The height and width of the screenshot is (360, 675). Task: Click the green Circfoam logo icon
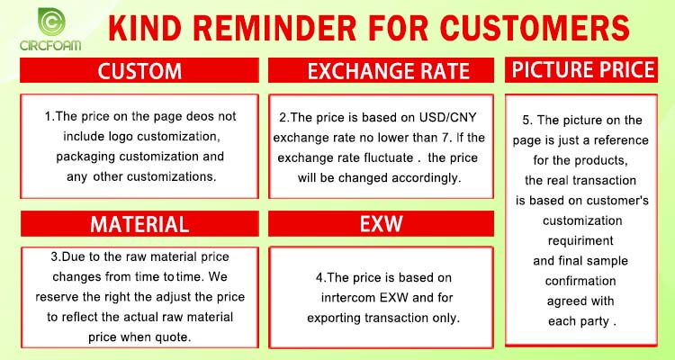pyautogui.click(x=51, y=22)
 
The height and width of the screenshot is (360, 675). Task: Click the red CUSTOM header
pyautogui.click(x=139, y=70)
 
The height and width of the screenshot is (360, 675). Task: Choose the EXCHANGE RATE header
pyautogui.click(x=381, y=70)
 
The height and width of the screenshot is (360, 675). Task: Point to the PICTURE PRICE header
pyautogui.click(x=581, y=70)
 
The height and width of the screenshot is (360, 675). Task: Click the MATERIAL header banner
pyautogui.click(x=139, y=223)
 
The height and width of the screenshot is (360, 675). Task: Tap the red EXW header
pyautogui.click(x=381, y=223)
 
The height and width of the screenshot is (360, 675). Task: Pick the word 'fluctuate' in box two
pyautogui.click(x=387, y=157)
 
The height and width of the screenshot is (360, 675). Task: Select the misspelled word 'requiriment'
pyautogui.click(x=580, y=240)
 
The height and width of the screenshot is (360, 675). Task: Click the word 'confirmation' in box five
pyautogui.click(x=580, y=281)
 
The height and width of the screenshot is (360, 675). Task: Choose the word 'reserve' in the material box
pyautogui.click(x=57, y=297)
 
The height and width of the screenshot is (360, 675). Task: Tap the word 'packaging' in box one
pyautogui.click(x=85, y=157)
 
